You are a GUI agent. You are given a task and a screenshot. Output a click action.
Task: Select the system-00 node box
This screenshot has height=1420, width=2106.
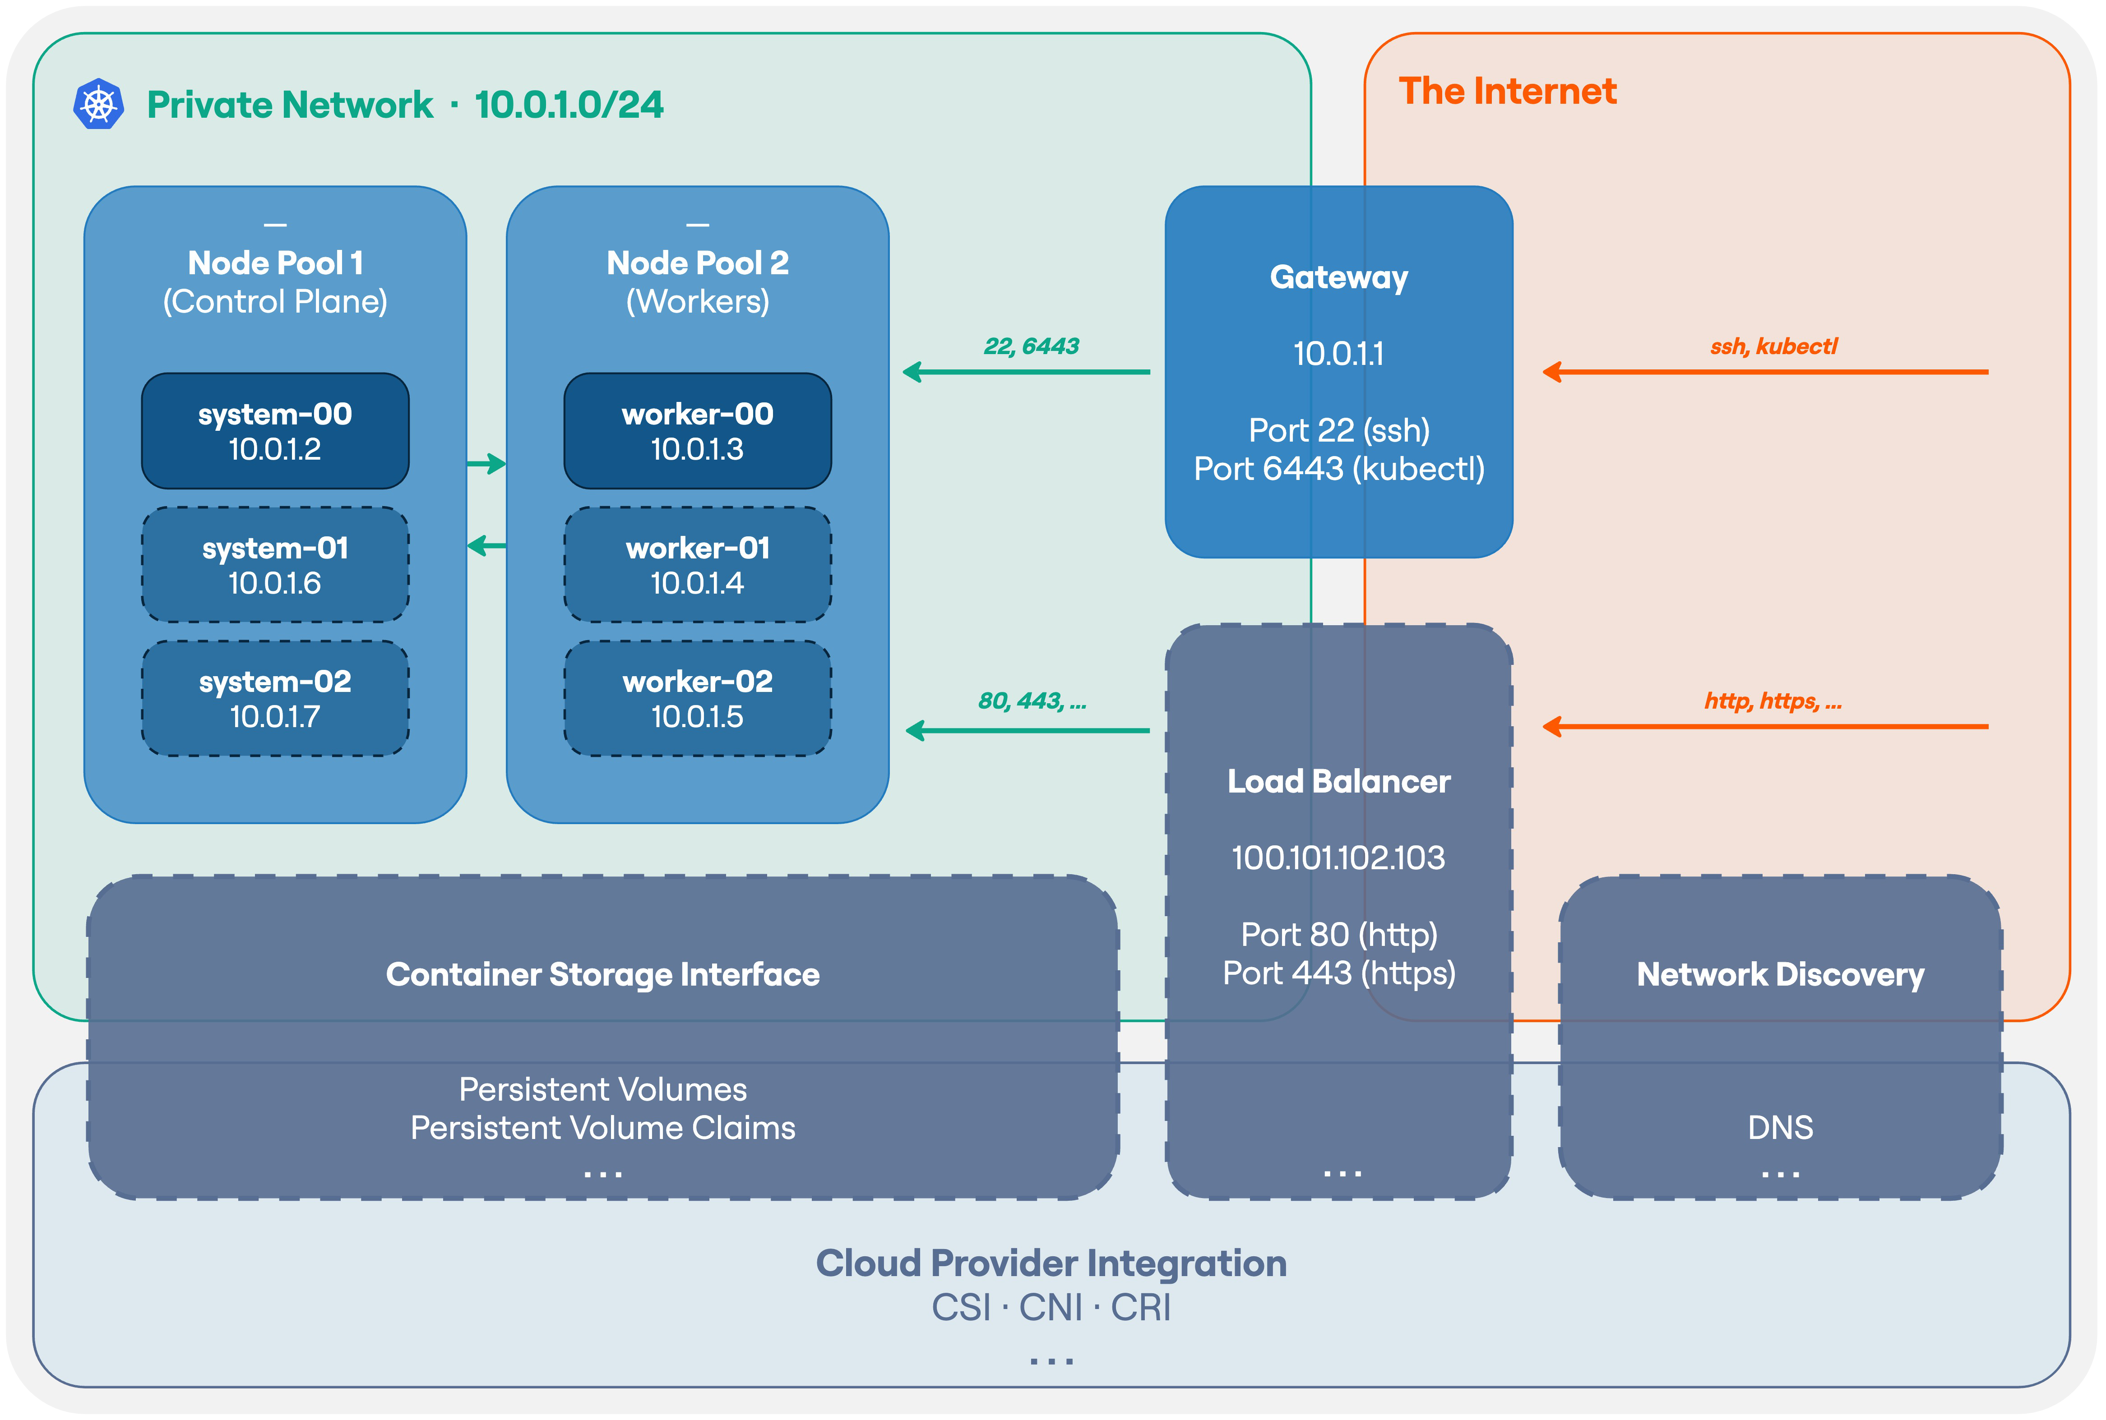pos(275,431)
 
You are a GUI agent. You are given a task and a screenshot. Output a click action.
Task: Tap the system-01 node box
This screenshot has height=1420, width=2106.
pos(275,565)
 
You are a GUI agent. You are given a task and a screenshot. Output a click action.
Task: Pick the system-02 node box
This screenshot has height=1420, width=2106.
pos(275,698)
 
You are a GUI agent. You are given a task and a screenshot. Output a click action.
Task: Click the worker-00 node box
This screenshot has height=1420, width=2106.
pos(698,431)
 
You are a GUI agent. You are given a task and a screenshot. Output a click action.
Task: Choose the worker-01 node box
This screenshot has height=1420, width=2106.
pos(698,565)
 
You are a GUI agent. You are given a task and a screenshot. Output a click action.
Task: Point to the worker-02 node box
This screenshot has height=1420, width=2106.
pos(698,698)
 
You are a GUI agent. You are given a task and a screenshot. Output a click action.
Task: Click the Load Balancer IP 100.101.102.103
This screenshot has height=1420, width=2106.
pos(1339,858)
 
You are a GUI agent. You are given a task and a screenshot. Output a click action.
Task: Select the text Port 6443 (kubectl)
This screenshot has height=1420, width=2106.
pos(1339,469)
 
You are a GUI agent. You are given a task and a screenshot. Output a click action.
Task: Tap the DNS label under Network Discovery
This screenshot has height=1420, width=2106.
pos(1780,1128)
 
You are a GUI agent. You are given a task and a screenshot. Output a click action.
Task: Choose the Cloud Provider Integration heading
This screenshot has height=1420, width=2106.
pos(1051,1263)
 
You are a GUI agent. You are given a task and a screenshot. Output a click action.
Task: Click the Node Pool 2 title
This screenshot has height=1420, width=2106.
pos(698,263)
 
